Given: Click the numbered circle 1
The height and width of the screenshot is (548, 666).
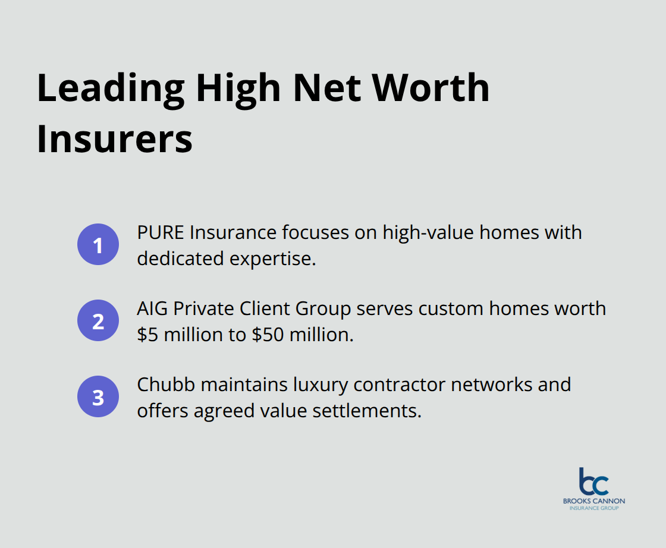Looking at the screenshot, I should point(98,244).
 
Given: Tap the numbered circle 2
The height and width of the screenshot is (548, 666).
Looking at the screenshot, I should point(98,320).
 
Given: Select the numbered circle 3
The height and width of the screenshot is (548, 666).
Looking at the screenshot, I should point(98,396).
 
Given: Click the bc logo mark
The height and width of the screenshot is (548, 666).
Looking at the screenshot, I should point(593,481).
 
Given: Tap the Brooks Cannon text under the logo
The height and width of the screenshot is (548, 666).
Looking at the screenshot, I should point(594,501).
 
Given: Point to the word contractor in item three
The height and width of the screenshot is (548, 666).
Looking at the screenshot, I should point(400,385).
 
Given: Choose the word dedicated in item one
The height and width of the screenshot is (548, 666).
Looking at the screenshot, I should point(180,259).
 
